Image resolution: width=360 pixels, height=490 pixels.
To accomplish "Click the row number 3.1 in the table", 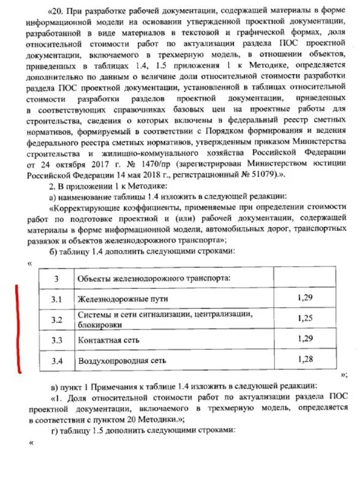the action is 57,299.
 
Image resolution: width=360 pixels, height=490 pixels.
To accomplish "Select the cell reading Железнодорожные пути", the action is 122,299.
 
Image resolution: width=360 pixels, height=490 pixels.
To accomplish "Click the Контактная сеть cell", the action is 108,339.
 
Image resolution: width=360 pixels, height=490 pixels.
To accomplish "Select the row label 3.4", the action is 57,360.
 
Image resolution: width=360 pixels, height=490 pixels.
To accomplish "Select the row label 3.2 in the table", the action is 57,320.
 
